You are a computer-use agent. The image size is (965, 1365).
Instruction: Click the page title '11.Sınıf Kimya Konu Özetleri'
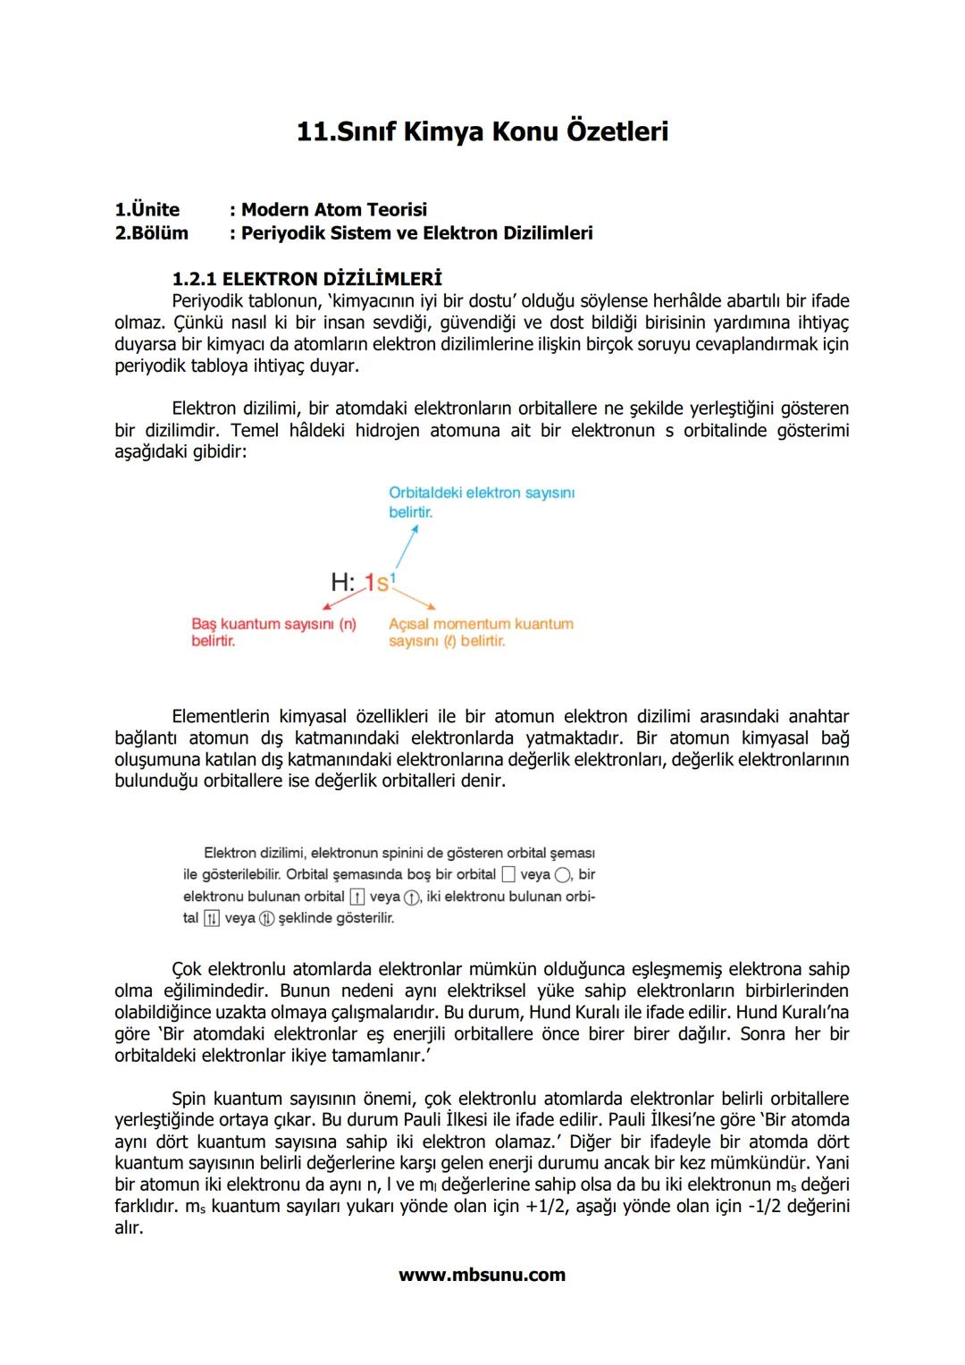click(482, 131)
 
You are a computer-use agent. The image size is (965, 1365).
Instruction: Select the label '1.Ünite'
click(147, 210)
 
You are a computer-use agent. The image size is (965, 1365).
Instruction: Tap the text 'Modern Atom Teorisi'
click(333, 210)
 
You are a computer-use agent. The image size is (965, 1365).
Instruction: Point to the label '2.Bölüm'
click(152, 233)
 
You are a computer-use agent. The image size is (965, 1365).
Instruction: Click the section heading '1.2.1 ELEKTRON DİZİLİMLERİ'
click(306, 279)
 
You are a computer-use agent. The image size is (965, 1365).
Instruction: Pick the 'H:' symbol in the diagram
click(342, 583)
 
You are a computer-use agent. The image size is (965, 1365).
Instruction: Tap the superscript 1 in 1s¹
click(393, 577)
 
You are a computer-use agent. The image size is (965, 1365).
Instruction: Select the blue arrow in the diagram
click(407, 546)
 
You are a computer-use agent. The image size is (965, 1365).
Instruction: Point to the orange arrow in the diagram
click(415, 599)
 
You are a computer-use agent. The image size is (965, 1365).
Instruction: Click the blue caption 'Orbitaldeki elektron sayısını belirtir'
click(481, 501)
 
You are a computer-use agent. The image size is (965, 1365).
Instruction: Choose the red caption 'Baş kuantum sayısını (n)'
click(273, 624)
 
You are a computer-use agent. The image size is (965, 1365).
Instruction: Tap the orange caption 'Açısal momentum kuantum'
click(481, 624)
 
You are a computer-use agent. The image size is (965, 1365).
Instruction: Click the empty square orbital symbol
click(508, 875)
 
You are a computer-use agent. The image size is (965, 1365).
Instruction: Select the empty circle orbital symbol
click(562, 875)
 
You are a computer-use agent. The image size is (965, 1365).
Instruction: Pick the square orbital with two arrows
click(212, 919)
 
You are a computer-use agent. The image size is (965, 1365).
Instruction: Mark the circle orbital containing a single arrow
click(411, 897)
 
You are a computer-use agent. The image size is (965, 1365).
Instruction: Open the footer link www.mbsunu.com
click(482, 1276)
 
